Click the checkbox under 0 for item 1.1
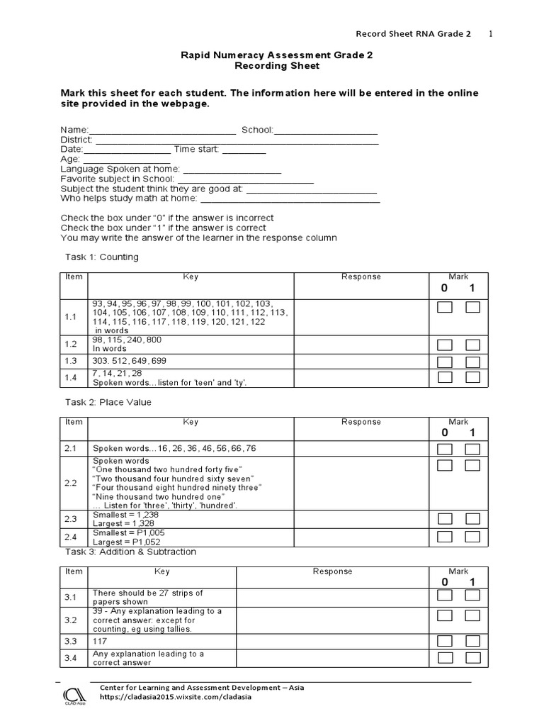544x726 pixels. (444, 308)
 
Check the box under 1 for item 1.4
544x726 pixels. (472, 377)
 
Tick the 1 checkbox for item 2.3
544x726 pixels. (472, 518)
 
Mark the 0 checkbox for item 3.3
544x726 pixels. (444, 640)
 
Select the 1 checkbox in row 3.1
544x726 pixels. (472, 597)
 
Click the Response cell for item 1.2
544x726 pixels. (361, 344)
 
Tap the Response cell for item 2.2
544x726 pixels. (361, 483)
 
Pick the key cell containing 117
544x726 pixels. (162, 640)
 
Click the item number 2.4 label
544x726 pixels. (71, 537)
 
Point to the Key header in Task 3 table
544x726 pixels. (162, 571)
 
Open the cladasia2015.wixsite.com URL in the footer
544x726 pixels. (175, 696)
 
